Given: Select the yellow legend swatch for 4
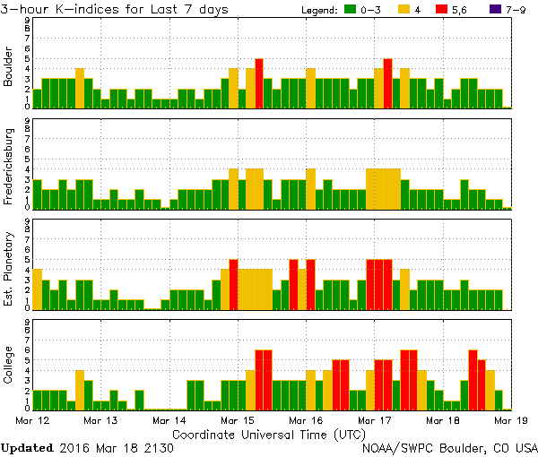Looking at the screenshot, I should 404,10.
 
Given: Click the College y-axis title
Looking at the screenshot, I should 9,366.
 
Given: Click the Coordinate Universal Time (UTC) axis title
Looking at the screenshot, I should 268,434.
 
